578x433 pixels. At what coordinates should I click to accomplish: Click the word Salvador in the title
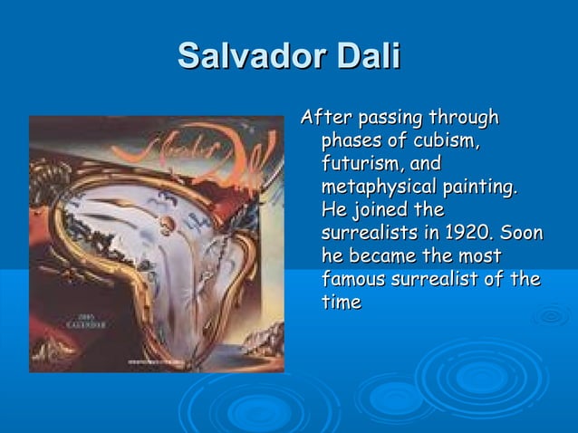click(252, 57)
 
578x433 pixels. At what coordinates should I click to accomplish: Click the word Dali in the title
click(368, 57)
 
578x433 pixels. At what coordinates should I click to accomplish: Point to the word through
click(465, 119)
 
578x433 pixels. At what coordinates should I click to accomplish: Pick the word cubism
click(446, 142)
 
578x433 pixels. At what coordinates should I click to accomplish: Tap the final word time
click(342, 302)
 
